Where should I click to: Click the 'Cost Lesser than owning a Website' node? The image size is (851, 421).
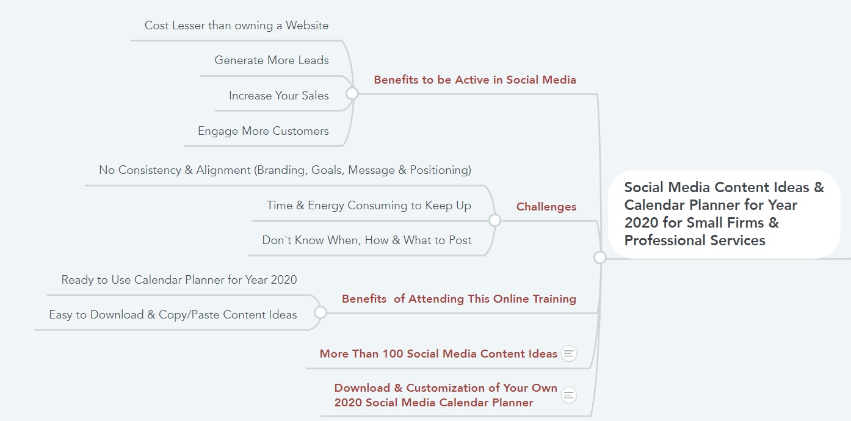(236, 26)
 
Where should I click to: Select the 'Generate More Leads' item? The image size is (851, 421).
(271, 60)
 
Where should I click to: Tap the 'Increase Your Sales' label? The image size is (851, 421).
(278, 95)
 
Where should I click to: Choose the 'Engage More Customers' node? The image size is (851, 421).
(263, 131)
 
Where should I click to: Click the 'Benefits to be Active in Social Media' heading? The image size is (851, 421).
(475, 80)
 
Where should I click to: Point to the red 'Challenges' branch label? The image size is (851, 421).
(546, 206)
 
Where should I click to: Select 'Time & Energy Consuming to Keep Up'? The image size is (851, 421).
(369, 206)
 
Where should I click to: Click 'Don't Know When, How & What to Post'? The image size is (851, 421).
(367, 240)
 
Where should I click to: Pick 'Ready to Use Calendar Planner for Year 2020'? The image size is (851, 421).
(179, 280)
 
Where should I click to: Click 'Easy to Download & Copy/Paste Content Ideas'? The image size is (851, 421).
(173, 315)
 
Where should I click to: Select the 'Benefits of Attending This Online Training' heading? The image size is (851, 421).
(459, 299)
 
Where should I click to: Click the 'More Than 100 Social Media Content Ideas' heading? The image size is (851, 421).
(438, 354)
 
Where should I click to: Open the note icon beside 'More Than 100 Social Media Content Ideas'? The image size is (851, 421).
(569, 354)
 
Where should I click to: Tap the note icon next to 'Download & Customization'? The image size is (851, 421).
(569, 395)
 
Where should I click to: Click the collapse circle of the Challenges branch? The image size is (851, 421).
(494, 220)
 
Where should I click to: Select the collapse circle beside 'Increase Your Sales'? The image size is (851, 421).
(352, 93)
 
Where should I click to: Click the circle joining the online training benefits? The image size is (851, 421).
(320, 312)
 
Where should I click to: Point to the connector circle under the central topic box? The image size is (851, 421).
(600, 257)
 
